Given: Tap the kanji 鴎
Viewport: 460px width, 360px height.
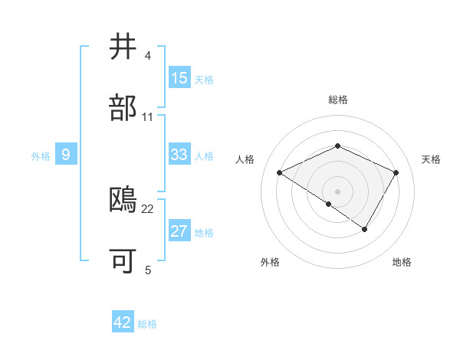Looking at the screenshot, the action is click(x=124, y=200).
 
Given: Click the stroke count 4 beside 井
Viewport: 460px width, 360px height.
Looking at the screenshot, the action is click(x=148, y=56).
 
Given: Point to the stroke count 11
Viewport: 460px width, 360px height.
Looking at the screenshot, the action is click(x=148, y=117).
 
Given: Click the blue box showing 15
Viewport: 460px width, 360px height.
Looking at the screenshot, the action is click(x=179, y=78).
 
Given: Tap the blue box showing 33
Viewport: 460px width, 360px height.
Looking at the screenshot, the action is click(x=179, y=155).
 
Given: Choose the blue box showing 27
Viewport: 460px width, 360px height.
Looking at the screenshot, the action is click(x=179, y=231).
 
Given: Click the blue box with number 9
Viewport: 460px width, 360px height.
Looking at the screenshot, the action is click(x=66, y=155).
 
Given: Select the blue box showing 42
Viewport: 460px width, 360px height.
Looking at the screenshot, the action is click(x=123, y=322).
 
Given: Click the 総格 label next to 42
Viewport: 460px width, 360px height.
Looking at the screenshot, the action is click(x=147, y=324).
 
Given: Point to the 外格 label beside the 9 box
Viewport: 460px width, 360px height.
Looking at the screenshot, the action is click(x=41, y=156).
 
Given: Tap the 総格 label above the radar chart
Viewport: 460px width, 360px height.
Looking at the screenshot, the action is click(x=338, y=100).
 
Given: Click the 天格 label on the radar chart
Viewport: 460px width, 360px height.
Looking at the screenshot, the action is click(x=431, y=159).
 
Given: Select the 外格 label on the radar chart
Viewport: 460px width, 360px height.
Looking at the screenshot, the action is click(x=270, y=262).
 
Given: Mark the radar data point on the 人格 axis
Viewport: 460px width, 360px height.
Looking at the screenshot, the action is click(x=280, y=172).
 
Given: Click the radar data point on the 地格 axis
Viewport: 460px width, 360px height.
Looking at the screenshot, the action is click(x=365, y=229).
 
